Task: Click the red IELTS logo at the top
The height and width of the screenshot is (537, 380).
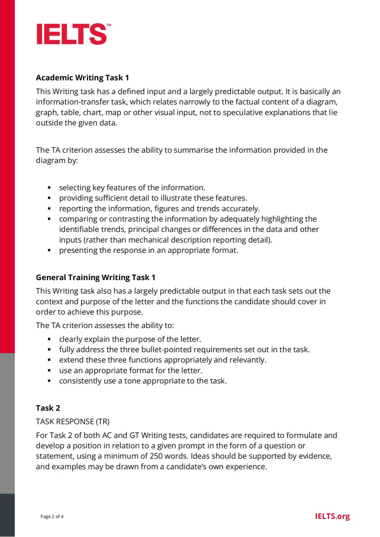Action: tap(72, 34)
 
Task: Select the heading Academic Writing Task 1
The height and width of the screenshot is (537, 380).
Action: tap(82, 78)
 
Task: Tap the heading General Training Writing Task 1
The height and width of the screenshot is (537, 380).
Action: tap(95, 278)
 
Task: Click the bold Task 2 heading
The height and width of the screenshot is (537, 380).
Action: tap(48, 408)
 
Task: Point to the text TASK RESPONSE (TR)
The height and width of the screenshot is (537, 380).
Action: tap(72, 421)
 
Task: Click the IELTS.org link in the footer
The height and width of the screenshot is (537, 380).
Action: tap(332, 516)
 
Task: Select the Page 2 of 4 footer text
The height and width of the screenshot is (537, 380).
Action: tap(52, 517)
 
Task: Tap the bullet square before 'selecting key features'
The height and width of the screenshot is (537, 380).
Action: tap(49, 188)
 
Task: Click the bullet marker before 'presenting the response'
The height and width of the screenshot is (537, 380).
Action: tap(49, 250)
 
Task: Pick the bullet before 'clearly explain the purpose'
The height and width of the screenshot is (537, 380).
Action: tap(49, 339)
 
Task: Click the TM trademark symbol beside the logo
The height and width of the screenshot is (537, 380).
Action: tap(109, 25)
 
